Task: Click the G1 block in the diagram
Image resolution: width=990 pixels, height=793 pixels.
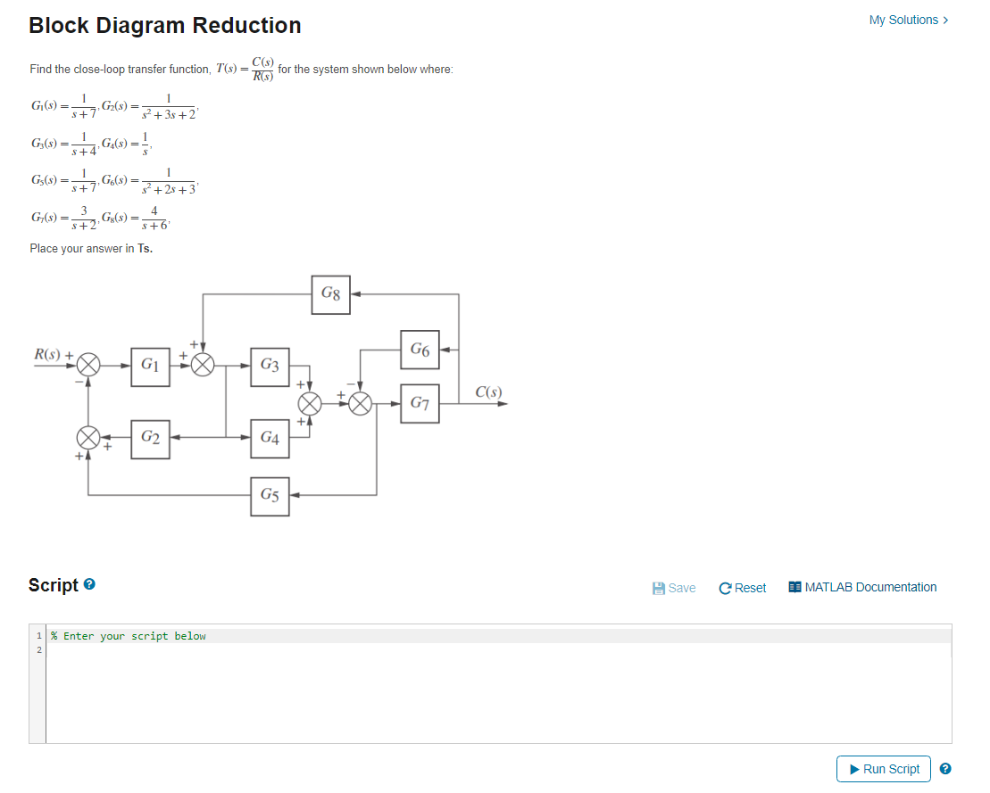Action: (150, 367)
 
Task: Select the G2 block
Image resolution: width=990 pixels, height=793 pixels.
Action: (150, 438)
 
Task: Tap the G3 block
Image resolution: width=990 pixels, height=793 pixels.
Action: (269, 367)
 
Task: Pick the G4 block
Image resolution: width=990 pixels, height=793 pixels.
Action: (269, 438)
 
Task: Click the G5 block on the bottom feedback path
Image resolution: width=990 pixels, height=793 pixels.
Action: (269, 495)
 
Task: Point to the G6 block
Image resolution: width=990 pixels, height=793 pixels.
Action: (420, 351)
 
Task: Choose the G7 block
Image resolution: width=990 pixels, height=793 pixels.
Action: (420, 404)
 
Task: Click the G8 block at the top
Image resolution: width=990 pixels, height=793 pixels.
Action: (330, 294)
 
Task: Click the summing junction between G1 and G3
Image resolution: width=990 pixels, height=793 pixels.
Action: (204, 366)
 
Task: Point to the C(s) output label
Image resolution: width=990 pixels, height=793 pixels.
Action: (488, 392)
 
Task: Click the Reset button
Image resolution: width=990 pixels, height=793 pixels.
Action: (742, 588)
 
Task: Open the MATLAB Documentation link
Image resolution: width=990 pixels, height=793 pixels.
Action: (862, 587)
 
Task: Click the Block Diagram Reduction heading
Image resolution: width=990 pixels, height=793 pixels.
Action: (165, 26)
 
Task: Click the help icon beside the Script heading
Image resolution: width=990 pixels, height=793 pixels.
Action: (89, 585)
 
